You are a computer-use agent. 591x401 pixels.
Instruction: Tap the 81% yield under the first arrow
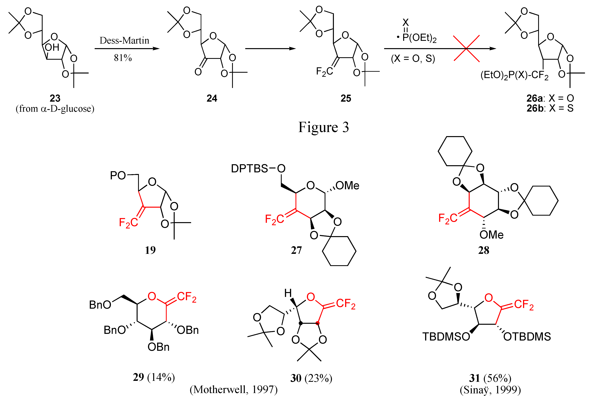tap(123, 58)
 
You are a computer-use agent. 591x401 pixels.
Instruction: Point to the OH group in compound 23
tap(52, 47)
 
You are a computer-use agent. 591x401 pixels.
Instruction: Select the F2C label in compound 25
tap(324, 72)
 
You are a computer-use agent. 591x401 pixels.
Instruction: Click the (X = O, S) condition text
tap(413, 59)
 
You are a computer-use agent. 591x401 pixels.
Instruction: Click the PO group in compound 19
tap(118, 175)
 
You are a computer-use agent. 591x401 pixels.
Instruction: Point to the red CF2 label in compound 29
tap(187, 297)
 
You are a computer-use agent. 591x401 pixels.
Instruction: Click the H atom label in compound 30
tap(288, 293)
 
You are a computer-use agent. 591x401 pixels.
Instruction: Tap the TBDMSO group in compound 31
tap(446, 337)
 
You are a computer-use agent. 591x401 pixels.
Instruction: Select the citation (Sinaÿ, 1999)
tap(490, 390)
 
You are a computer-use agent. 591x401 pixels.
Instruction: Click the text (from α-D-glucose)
tap(55, 109)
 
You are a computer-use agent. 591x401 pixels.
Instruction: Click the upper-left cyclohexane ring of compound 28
tap(455, 151)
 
